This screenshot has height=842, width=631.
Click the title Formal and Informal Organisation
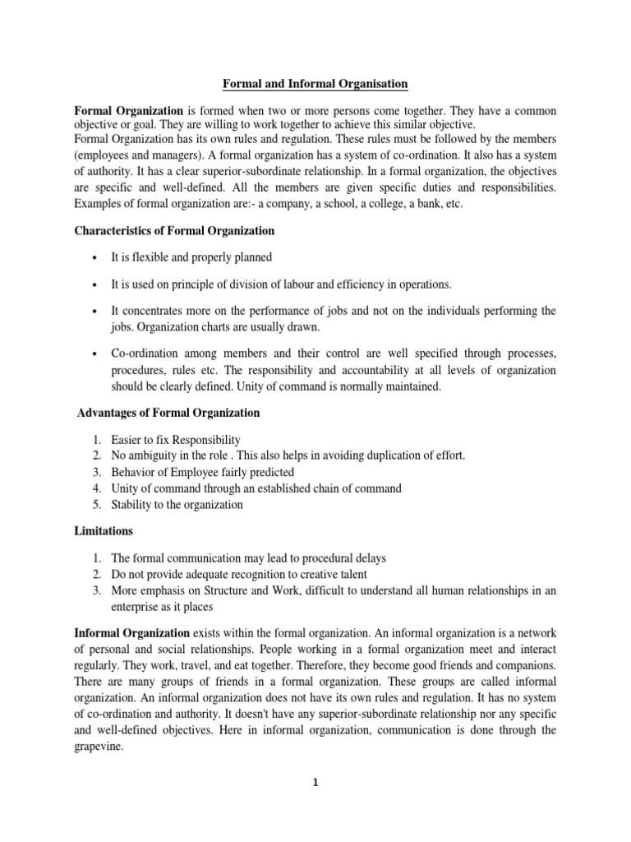(x=315, y=84)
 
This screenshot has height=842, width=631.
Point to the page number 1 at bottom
(x=315, y=784)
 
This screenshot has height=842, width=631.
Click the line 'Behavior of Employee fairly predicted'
(x=202, y=472)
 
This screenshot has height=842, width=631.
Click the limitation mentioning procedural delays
(x=247, y=558)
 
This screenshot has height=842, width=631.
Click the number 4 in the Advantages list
(x=96, y=488)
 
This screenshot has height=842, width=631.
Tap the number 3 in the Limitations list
(x=96, y=591)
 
